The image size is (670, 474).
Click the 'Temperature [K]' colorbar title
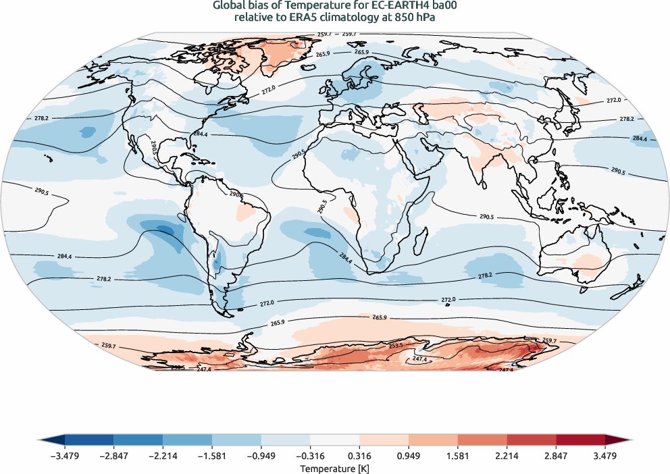(335, 468)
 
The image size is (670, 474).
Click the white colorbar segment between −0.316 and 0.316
(334, 440)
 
